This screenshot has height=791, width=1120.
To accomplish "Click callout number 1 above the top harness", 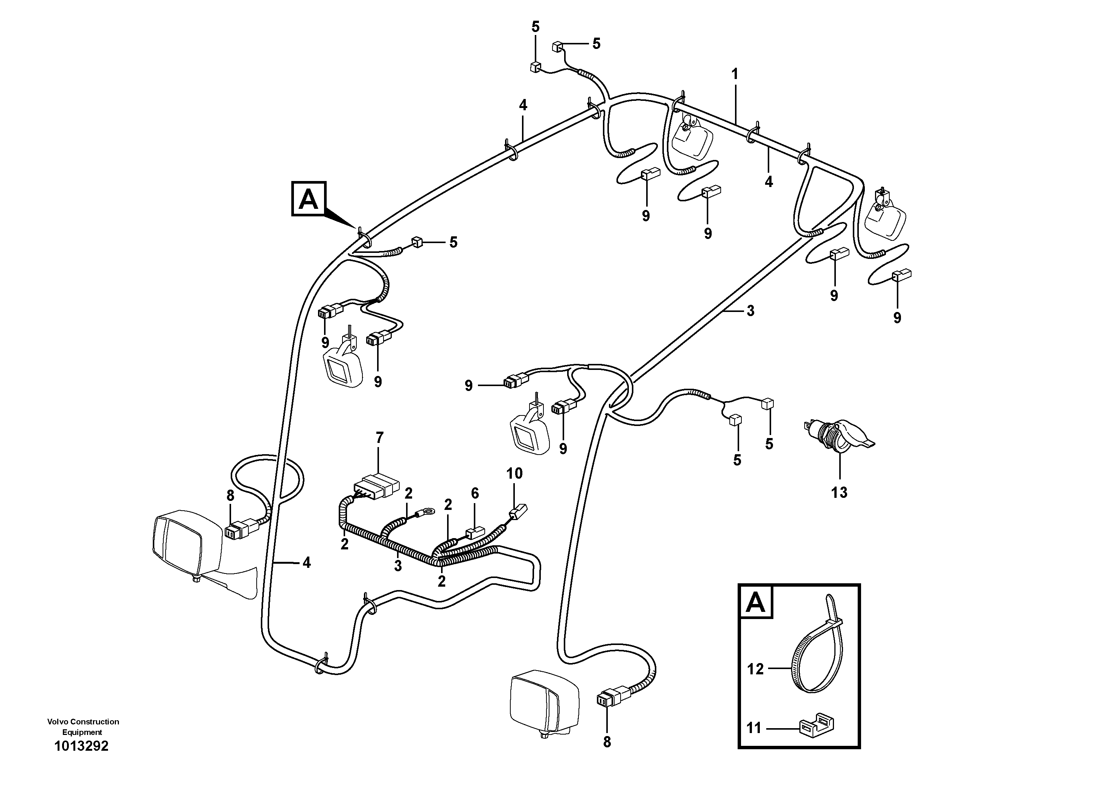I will pos(735,75).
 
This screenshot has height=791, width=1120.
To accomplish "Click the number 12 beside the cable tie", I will pos(755,669).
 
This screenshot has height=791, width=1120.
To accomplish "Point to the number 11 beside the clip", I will pos(754,728).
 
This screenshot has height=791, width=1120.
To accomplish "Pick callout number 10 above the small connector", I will pos(514,473).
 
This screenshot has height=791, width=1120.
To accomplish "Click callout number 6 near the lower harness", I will pos(475,493).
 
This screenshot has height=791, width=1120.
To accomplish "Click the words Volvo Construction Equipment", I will pos(83,727).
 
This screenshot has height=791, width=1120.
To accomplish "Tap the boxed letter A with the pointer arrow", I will pos(308,199).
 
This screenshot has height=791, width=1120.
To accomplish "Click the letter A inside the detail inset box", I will pos(756,603).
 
